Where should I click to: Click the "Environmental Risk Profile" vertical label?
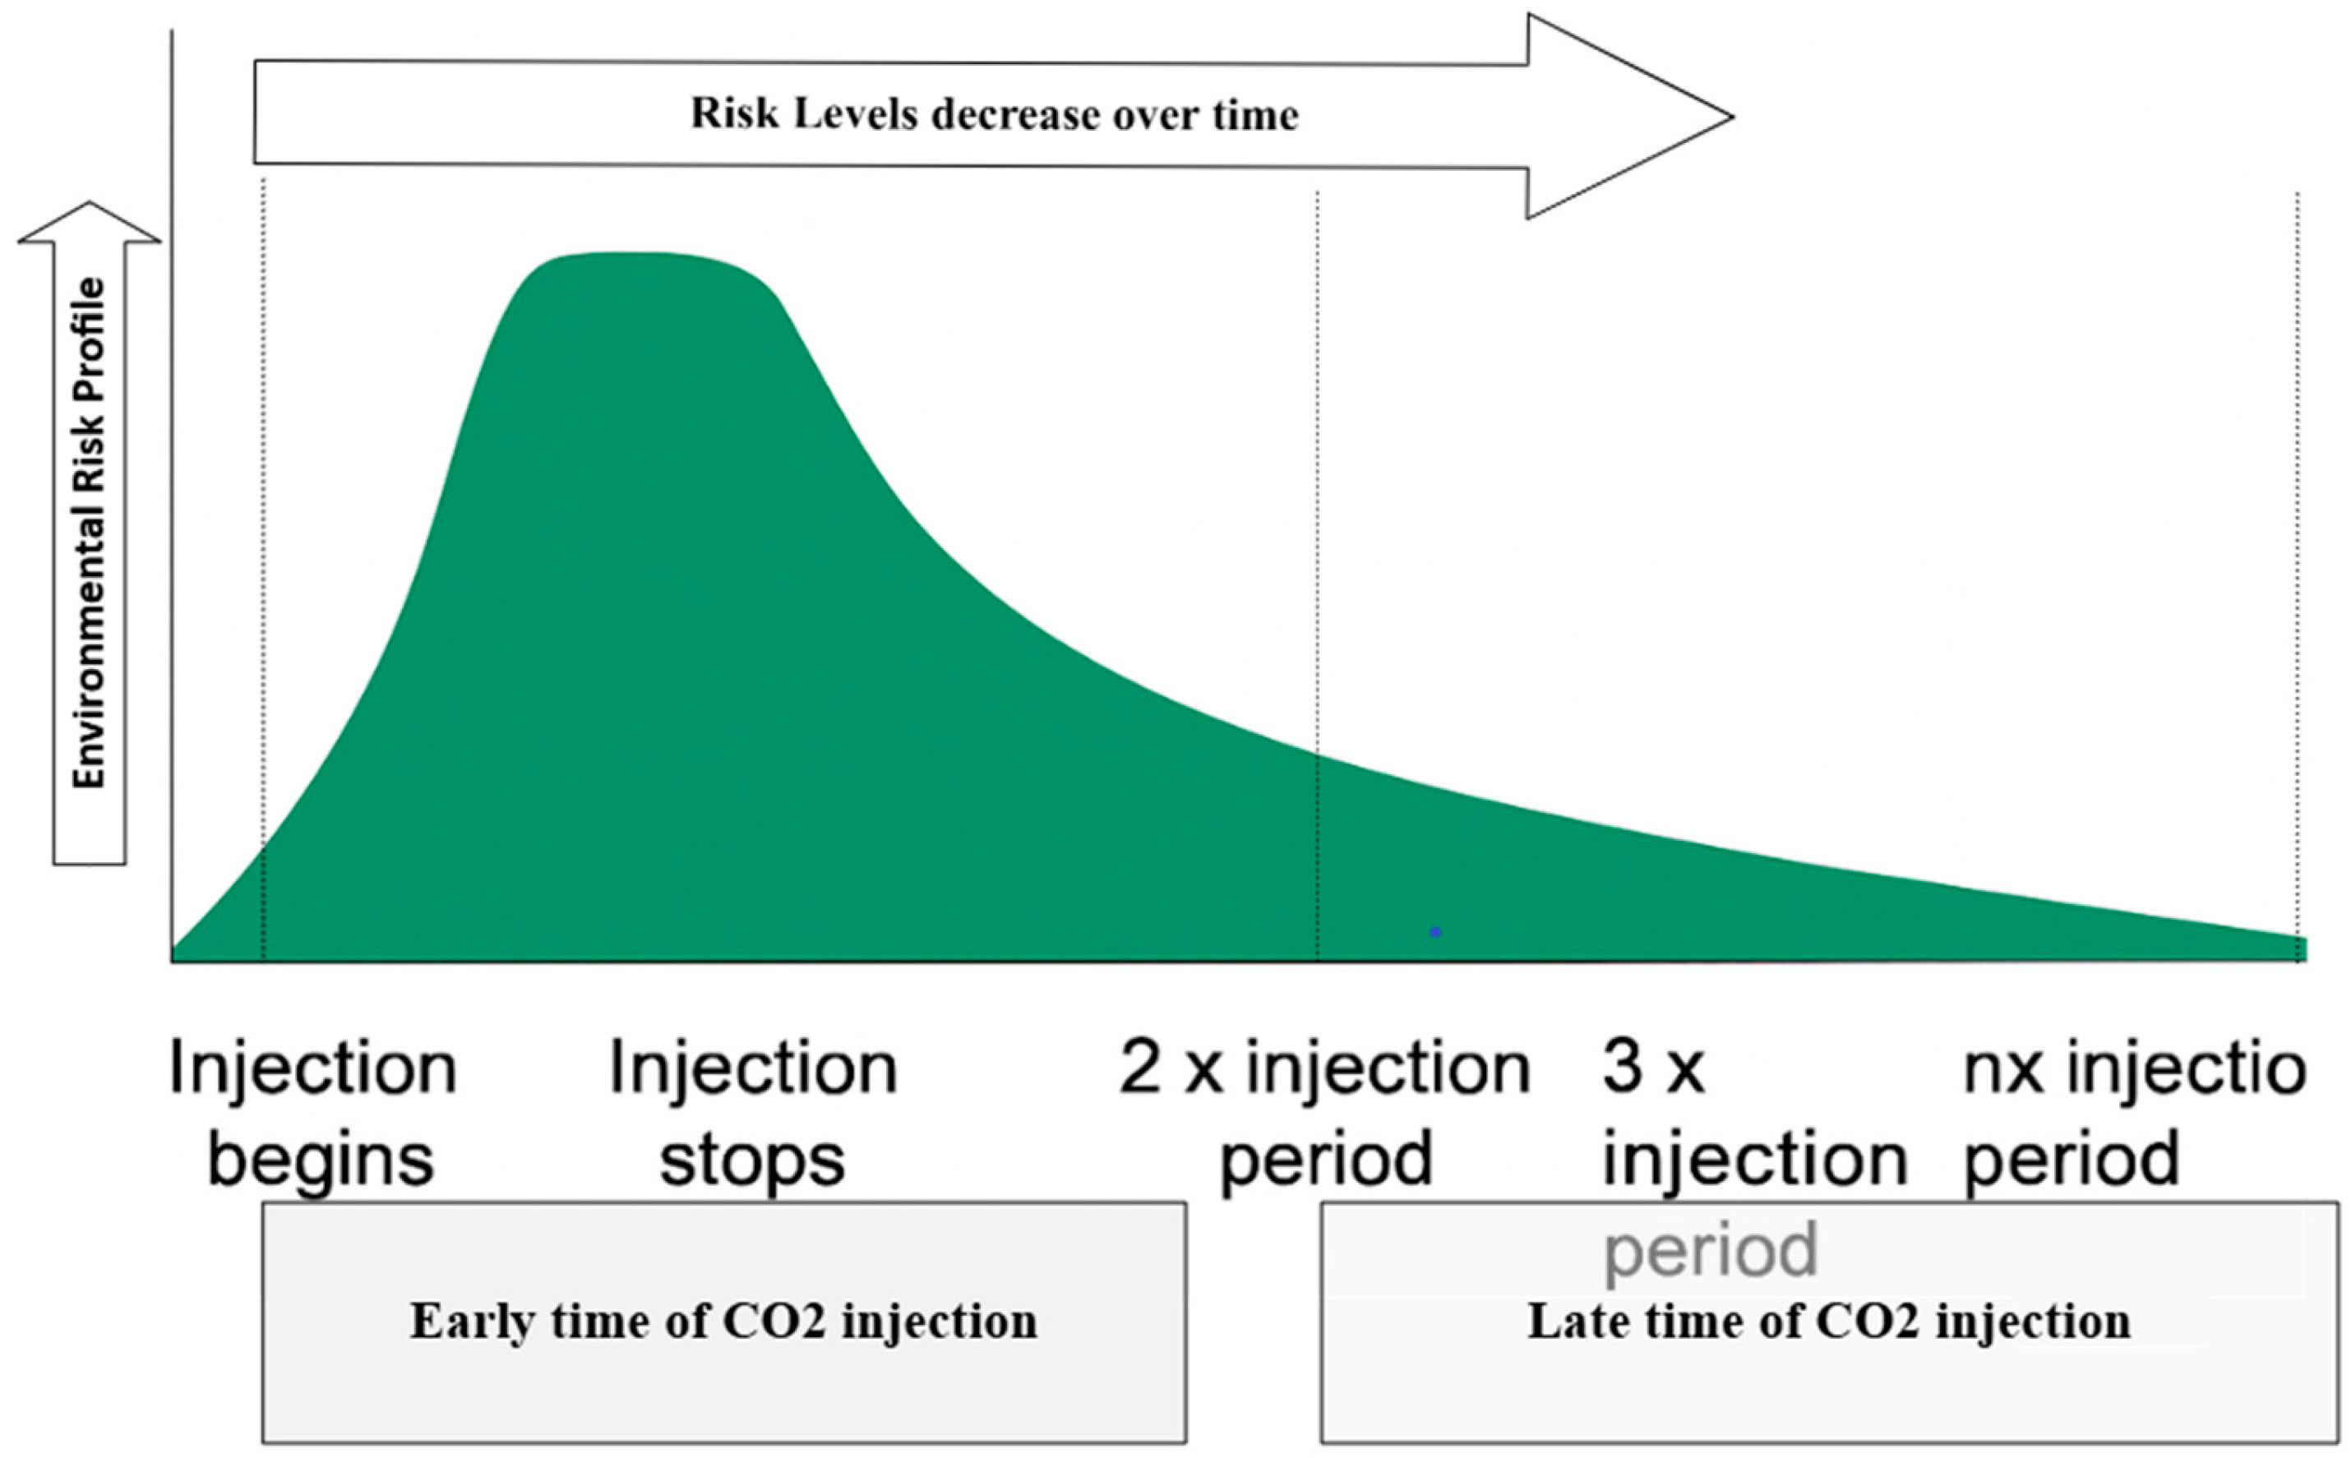click(x=89, y=533)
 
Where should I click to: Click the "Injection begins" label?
click(x=313, y=1113)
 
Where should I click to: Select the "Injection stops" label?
click(x=753, y=1113)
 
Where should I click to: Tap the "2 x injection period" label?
click(x=1325, y=1113)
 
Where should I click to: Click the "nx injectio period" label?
click(x=2134, y=1113)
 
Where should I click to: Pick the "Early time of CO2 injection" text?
click(x=723, y=1321)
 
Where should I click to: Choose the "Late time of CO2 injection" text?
click(x=1828, y=1321)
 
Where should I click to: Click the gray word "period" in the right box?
click(x=1710, y=1251)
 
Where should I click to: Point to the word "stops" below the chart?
click(x=752, y=1158)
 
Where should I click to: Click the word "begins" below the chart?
click(x=321, y=1160)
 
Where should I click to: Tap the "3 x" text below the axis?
click(x=1653, y=1068)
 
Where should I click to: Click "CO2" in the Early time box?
click(x=774, y=1321)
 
